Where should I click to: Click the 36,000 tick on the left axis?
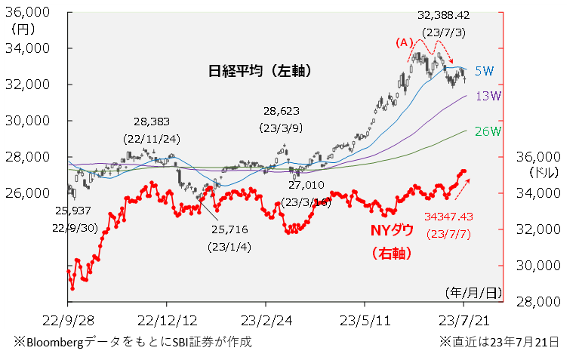[30, 12]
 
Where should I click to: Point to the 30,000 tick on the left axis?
[30, 121]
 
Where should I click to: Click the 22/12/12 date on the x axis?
[168, 319]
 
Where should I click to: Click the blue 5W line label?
[484, 71]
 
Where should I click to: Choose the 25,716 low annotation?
[229, 229]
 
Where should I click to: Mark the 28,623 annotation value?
[282, 109]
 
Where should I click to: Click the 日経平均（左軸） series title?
[260, 71]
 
